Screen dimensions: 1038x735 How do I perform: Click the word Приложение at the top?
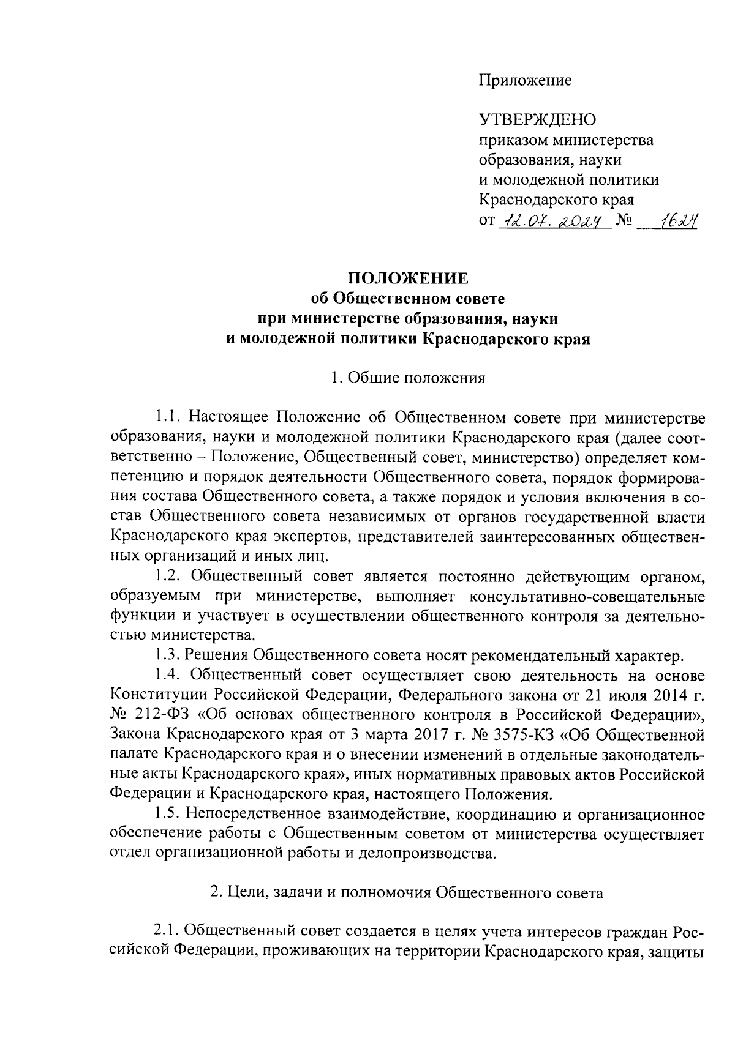(x=525, y=81)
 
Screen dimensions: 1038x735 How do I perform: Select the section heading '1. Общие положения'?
(x=408, y=378)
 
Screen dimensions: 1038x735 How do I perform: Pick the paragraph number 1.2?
(x=167, y=577)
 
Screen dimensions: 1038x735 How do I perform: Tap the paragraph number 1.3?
(x=167, y=656)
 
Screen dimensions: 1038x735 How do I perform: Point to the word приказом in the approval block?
(x=513, y=140)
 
